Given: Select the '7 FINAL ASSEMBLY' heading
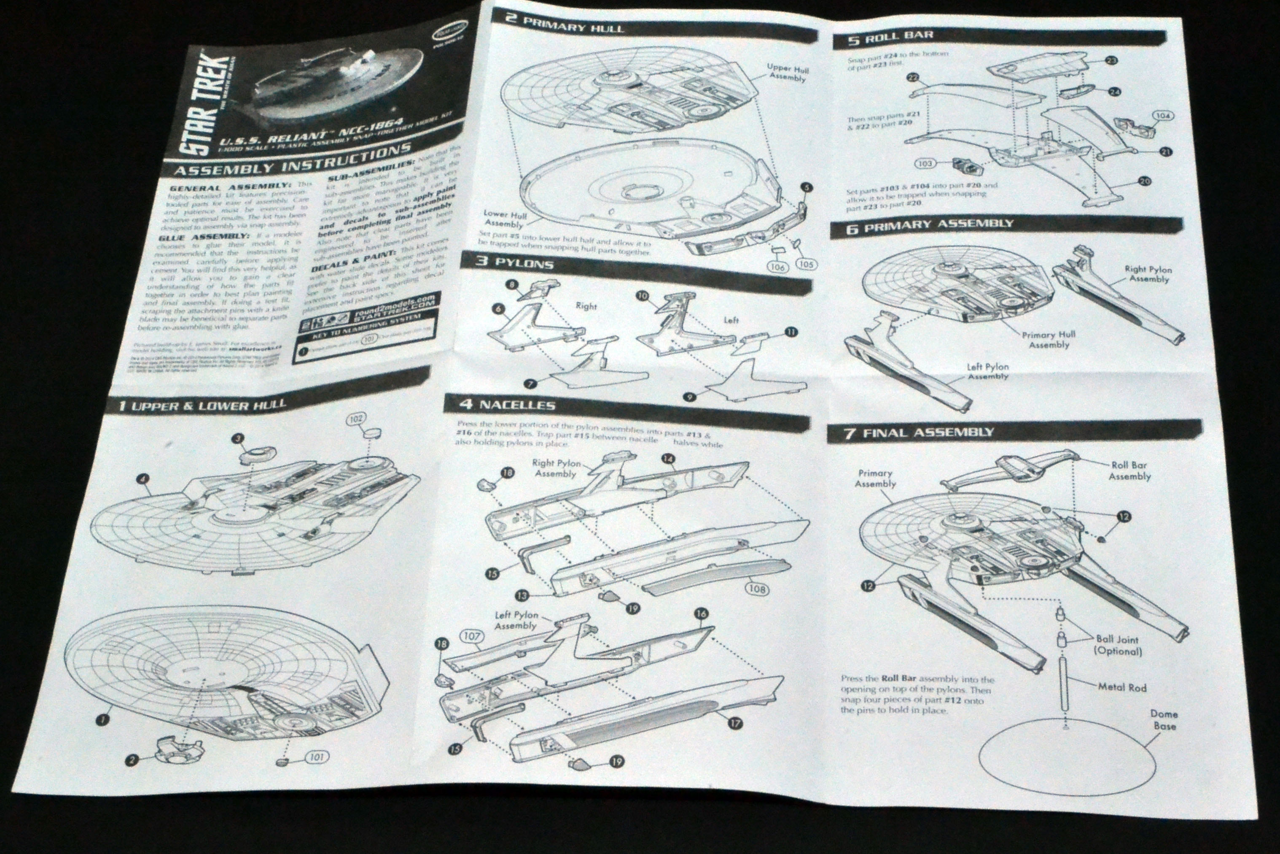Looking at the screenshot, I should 919,433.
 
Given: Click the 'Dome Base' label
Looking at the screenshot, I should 1164,720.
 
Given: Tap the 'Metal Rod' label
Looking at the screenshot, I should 1122,687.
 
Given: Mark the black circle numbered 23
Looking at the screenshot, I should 1111,60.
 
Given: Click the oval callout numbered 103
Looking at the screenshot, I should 925,163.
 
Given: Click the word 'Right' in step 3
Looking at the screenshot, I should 586,306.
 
